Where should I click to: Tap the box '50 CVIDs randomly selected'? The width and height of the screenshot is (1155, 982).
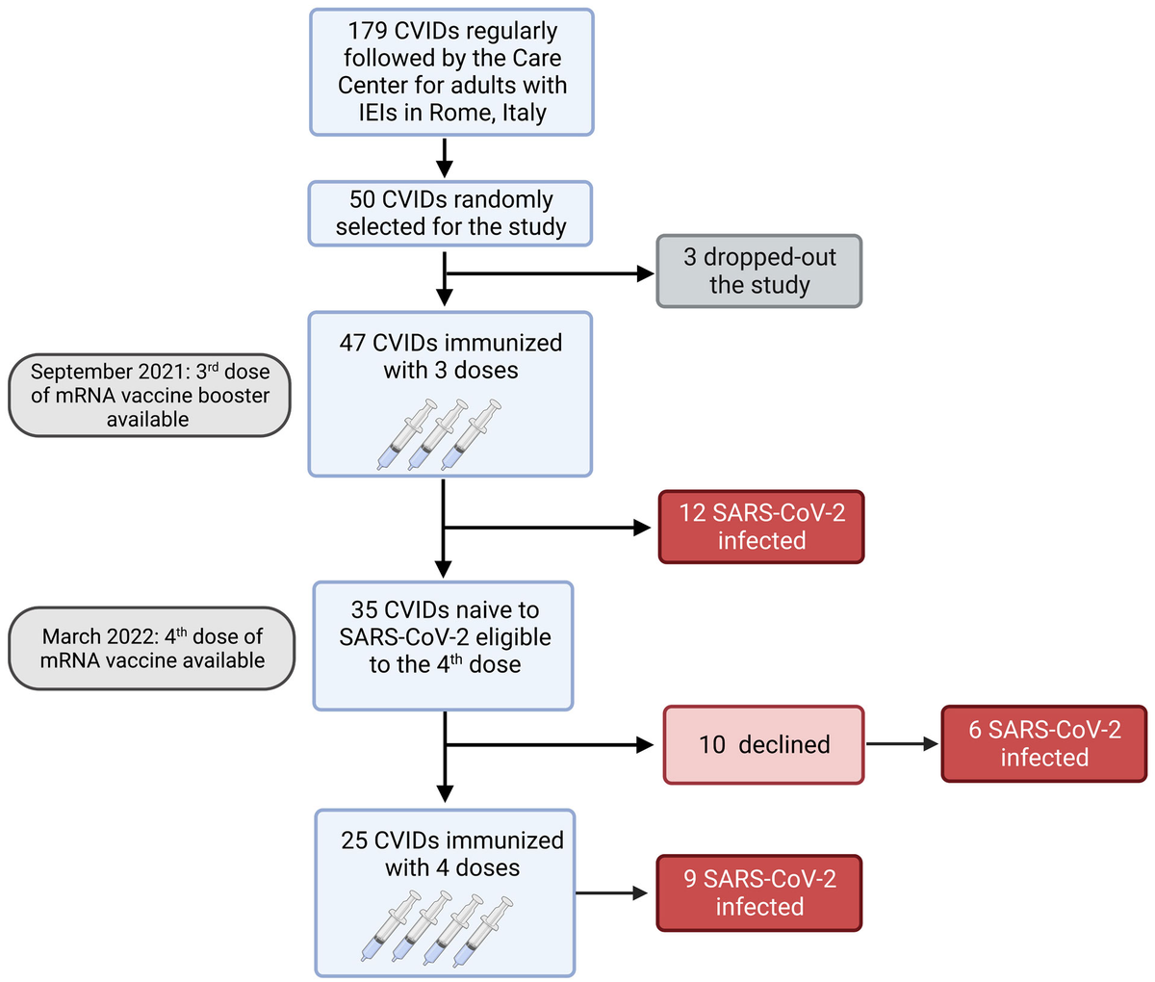point(450,213)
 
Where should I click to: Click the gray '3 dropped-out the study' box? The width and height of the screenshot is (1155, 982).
point(758,271)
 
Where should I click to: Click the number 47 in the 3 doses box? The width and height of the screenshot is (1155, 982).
point(352,343)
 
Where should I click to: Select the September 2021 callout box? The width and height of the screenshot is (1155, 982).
point(149,395)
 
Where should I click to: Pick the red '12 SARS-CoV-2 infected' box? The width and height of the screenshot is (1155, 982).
point(760,527)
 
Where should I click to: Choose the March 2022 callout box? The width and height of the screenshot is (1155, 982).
point(151,648)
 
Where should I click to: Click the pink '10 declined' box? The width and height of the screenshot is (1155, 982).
point(763,744)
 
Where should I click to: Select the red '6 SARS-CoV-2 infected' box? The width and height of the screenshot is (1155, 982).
point(1043,743)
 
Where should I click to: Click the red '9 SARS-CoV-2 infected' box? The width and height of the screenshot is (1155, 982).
point(758,892)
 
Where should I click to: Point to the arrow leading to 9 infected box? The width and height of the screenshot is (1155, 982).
point(612,893)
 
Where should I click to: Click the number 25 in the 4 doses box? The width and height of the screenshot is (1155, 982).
point(354,840)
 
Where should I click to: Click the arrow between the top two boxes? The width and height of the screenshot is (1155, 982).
point(444,158)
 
